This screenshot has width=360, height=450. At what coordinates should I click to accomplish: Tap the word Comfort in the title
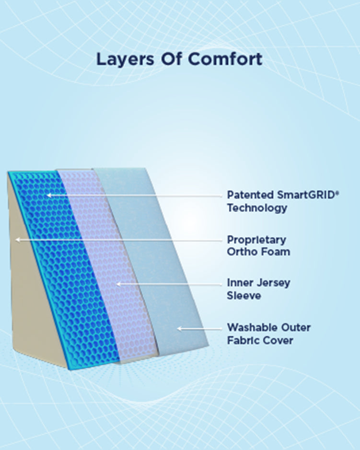pos(225,59)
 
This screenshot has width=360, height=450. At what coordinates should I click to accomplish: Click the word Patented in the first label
pos(250,196)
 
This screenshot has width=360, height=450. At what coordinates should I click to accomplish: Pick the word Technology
pos(257,208)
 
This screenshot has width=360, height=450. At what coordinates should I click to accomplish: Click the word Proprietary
pos(256,240)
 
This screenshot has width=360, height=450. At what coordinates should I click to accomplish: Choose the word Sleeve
pos(244,296)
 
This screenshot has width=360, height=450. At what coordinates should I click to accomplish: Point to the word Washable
pos(252,328)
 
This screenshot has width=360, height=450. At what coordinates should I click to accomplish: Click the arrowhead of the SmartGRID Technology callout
pos(48,195)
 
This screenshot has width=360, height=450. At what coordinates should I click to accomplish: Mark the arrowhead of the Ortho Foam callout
pos(17,239)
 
